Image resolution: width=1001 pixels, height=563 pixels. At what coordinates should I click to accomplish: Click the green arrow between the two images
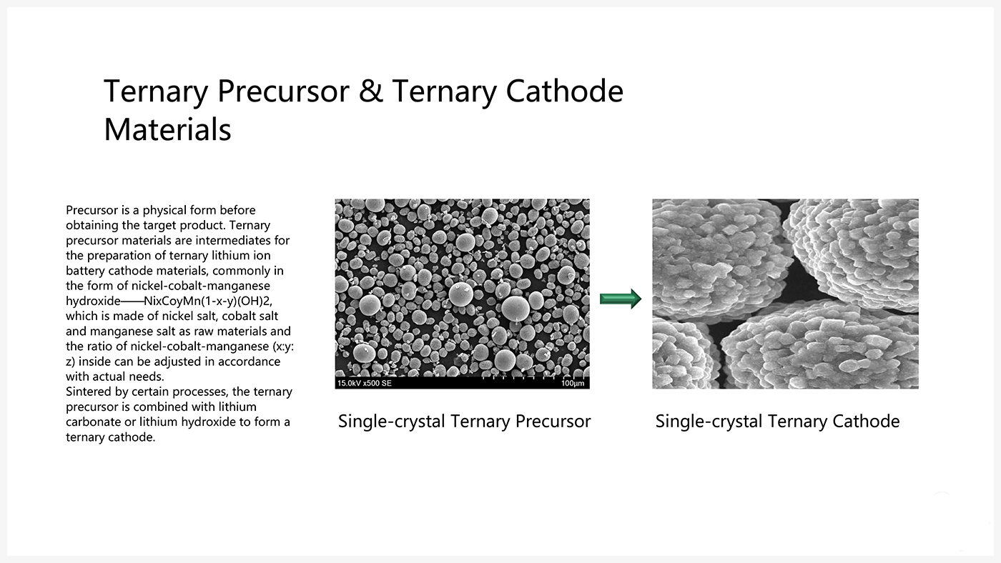pyautogui.click(x=621, y=299)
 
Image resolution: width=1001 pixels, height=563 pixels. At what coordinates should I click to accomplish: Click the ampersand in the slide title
pyautogui.click(x=370, y=91)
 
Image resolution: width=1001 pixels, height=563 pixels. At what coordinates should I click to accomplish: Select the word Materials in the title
pyautogui.click(x=167, y=130)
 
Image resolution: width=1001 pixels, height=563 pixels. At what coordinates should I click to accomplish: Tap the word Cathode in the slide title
pyautogui.click(x=564, y=91)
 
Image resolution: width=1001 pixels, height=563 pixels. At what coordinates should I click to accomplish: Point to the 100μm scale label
pyautogui.click(x=573, y=383)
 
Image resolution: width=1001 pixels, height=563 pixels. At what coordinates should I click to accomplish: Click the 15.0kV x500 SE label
pyautogui.click(x=364, y=383)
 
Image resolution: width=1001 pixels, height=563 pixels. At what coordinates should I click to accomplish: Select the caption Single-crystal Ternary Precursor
pyautogui.click(x=464, y=421)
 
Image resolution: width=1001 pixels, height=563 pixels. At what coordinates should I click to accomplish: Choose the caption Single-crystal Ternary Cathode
pyautogui.click(x=778, y=421)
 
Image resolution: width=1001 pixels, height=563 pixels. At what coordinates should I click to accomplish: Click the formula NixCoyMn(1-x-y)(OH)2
pyautogui.click(x=208, y=301)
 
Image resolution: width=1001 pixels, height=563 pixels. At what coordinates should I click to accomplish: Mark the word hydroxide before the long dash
pyautogui.click(x=93, y=301)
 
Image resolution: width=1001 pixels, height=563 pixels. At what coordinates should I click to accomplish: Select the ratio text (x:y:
pyautogui.click(x=283, y=347)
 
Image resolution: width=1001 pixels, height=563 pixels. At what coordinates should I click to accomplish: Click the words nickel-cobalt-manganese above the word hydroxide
pyautogui.click(x=201, y=286)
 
